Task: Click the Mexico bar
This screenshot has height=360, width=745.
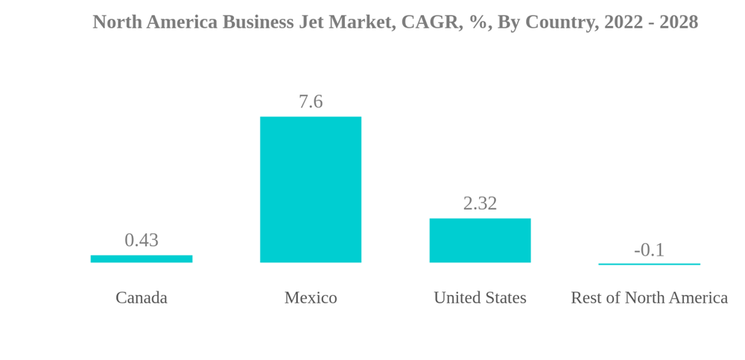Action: click(x=311, y=189)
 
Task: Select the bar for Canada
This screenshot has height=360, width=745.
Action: click(x=142, y=259)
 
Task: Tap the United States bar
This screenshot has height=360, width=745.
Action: click(x=480, y=240)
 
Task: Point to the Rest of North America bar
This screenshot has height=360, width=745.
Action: click(x=649, y=264)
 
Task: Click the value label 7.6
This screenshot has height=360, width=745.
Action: click(x=311, y=101)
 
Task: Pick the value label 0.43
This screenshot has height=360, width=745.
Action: click(x=142, y=240)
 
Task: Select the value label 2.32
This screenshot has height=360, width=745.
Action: click(x=480, y=203)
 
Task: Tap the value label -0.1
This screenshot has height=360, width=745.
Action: click(x=649, y=250)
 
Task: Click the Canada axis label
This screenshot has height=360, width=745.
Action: click(x=142, y=297)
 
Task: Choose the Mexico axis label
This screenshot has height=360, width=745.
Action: click(x=311, y=297)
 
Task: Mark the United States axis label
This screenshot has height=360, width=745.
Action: click(x=480, y=297)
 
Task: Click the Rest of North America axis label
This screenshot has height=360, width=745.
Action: click(x=649, y=297)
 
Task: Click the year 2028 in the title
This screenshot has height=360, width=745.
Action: click(x=679, y=22)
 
